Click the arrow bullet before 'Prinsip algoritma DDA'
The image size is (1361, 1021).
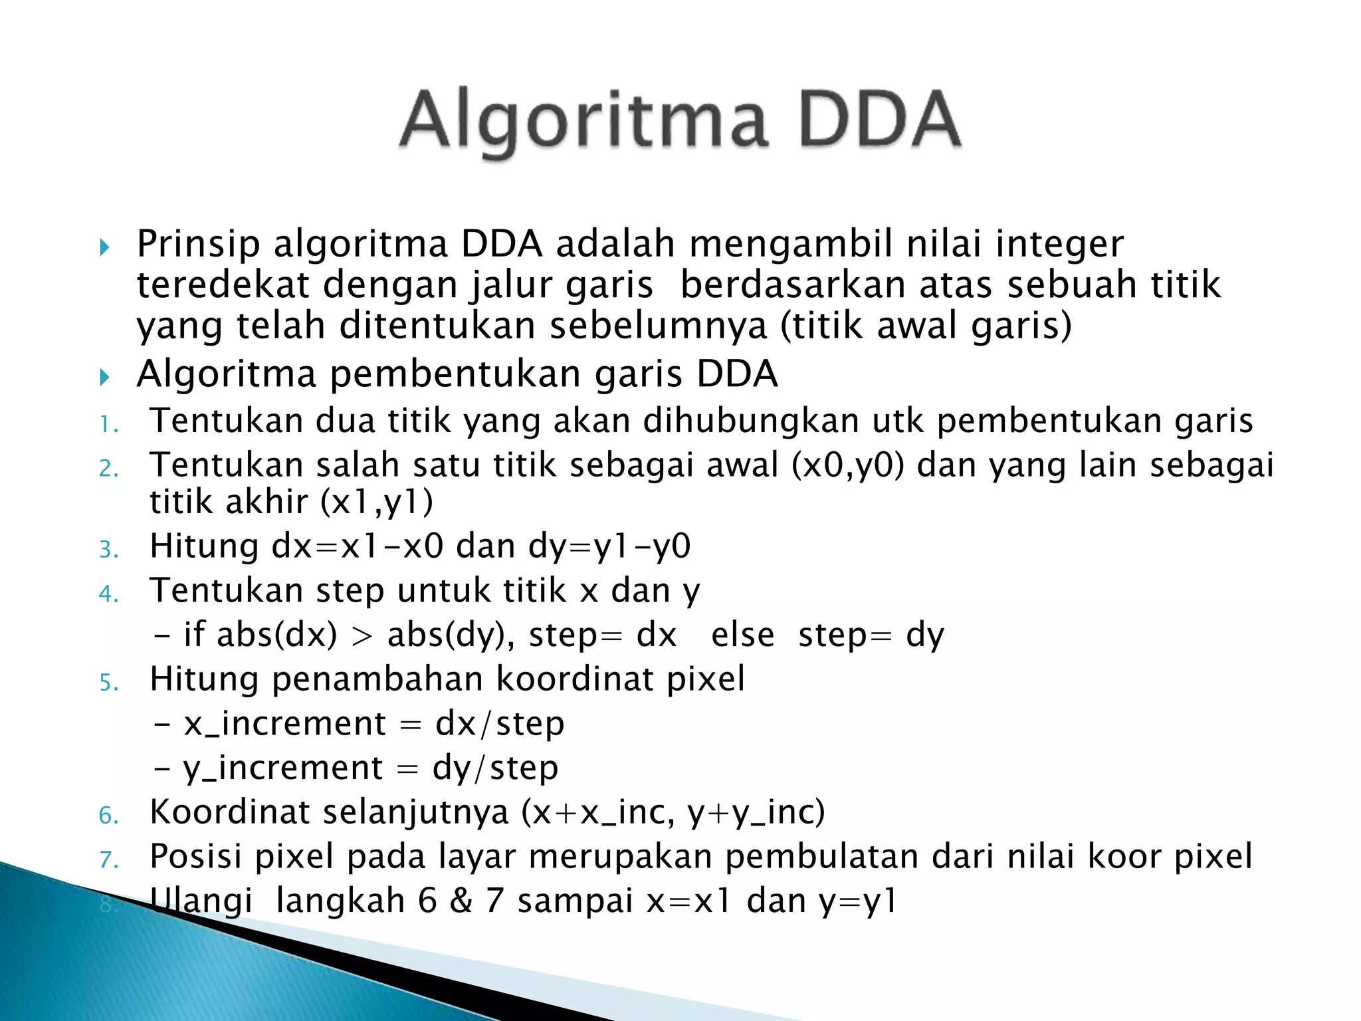[104, 248]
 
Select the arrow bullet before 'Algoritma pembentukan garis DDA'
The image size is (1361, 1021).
[104, 378]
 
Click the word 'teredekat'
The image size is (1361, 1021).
[223, 285]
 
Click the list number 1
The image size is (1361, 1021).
[108, 424]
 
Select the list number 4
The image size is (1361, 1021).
[108, 594]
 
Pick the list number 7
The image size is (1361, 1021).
[108, 859]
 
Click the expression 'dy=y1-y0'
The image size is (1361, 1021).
[609, 546]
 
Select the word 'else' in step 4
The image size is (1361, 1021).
[742, 635]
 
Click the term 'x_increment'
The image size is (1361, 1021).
[284, 724]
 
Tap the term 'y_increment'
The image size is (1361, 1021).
[283, 768]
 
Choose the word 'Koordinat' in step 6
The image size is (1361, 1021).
[230, 812]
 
